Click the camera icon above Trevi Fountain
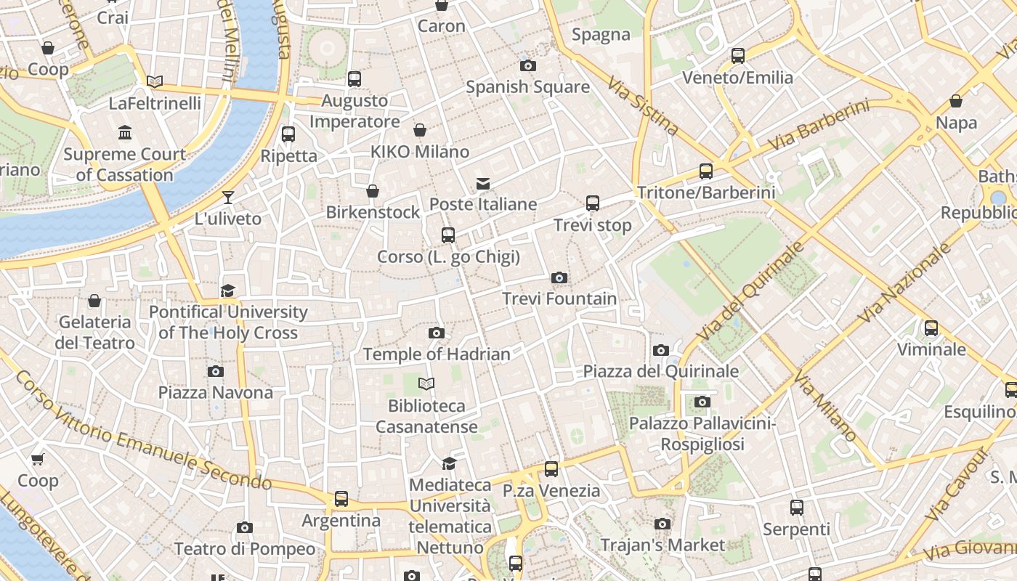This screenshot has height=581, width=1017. click(559, 277)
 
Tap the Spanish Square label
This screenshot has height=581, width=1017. click(527, 87)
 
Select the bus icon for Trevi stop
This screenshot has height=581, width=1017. click(593, 203)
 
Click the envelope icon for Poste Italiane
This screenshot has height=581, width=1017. click(483, 183)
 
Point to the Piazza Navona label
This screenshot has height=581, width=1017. click(216, 393)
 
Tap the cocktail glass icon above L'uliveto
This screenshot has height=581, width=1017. click(228, 197)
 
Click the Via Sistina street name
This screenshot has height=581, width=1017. click(644, 107)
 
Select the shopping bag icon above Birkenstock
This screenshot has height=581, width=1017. click(373, 191)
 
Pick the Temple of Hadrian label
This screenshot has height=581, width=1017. click(436, 354)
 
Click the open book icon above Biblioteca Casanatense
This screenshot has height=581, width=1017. click(426, 383)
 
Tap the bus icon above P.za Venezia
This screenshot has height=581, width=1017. click(551, 469)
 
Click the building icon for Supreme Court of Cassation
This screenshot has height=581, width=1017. click(125, 133)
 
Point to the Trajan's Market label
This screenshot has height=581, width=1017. click(663, 545)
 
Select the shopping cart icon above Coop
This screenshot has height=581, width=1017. click(38, 459)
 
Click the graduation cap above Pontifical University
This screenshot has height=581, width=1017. click(228, 290)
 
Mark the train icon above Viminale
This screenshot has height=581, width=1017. click(931, 328)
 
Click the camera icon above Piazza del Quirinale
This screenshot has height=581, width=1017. click(660, 350)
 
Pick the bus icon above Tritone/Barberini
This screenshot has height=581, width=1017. click(706, 171)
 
